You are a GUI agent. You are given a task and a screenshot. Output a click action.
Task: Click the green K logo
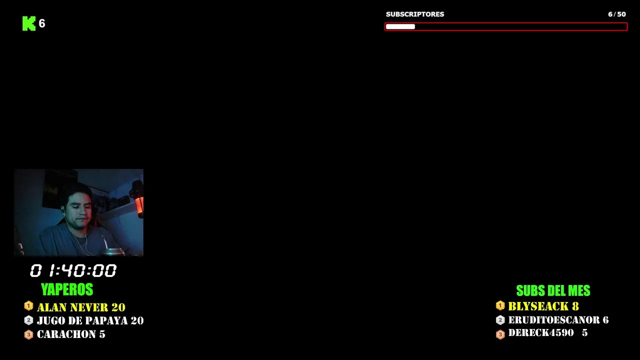[x=29, y=23]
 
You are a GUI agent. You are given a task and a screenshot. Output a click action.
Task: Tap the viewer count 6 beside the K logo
[x=42, y=23]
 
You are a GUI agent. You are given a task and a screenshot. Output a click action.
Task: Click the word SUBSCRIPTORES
[x=415, y=14]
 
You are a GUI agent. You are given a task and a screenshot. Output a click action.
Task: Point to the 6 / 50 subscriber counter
[x=617, y=14]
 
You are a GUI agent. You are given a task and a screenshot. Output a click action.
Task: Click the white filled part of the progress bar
[x=400, y=26]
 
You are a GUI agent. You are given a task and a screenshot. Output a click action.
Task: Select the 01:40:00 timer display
[x=73, y=270]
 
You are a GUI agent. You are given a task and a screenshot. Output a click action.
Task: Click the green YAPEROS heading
[x=67, y=289]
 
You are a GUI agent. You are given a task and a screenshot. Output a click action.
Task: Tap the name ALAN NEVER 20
[x=81, y=307]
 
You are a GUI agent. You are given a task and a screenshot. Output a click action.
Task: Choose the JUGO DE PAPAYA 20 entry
[x=90, y=320]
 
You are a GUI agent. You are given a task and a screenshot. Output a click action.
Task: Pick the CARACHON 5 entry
[x=71, y=334]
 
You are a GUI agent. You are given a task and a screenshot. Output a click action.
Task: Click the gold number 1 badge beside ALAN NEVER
[x=28, y=306]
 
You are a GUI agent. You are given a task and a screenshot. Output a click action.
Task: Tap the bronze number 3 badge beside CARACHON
[x=28, y=334]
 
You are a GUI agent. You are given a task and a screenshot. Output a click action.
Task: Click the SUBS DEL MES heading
[x=553, y=291]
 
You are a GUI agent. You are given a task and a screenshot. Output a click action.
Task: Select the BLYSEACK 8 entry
[x=543, y=306]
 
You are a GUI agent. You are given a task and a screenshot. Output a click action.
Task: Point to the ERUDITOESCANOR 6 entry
[x=558, y=320]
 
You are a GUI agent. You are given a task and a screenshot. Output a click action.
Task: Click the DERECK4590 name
[x=541, y=333]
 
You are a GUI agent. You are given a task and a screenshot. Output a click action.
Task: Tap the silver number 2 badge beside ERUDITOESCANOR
[x=500, y=320]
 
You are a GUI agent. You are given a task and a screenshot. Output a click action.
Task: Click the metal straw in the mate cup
[x=103, y=240]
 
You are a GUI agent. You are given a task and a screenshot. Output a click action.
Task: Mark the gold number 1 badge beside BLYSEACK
[x=500, y=305]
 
